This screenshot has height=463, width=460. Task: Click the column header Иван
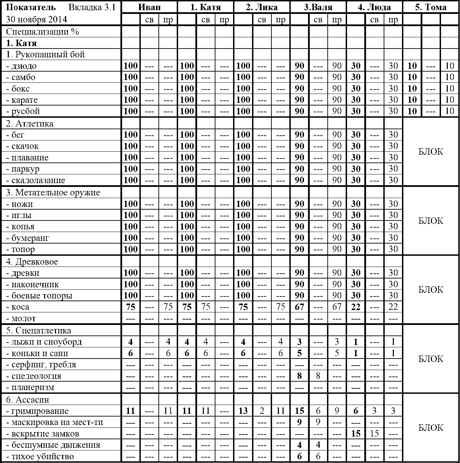tap(149, 7)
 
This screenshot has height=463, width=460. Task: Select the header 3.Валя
tap(318, 7)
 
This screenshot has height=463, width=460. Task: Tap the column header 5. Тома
tap(430, 7)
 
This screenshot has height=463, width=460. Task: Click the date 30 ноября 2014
tap(37, 19)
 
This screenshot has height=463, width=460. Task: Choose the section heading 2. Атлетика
tap(30, 123)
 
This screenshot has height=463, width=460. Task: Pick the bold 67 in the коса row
tap(299, 307)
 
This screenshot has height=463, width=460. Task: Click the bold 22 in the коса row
tap(356, 307)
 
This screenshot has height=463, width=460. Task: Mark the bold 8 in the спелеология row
tap(299, 376)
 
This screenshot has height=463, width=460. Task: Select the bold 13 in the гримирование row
tap(243, 411)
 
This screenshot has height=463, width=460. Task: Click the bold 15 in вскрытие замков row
tap(356, 434)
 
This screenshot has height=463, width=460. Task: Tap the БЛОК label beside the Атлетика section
tap(430, 152)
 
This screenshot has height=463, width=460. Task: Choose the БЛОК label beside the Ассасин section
tap(430, 428)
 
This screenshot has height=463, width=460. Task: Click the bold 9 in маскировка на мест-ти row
tap(299, 422)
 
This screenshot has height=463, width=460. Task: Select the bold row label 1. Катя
tap(21, 43)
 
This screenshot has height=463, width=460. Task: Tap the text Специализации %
tap(42, 32)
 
